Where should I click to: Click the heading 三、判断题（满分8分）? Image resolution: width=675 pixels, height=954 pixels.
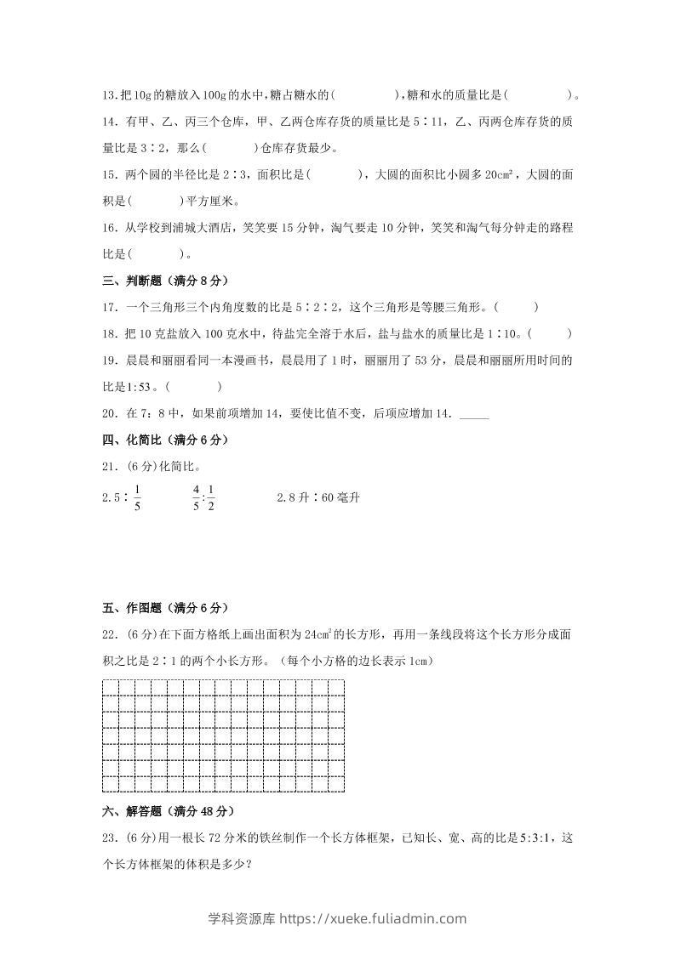point(164,281)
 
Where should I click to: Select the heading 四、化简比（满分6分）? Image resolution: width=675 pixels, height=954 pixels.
point(164,440)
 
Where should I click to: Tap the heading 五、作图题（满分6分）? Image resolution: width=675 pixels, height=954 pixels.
point(164,608)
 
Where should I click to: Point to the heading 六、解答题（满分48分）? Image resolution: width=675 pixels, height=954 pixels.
point(168,811)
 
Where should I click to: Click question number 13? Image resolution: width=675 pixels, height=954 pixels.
point(109,94)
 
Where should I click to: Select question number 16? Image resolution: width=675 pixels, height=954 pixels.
point(109,228)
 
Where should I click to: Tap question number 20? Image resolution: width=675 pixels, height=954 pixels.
point(109,414)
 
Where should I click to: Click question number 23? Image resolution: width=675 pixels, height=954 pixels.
point(109,838)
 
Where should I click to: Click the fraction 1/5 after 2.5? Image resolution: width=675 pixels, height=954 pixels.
point(137,497)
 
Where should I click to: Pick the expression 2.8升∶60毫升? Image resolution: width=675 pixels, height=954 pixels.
point(318,497)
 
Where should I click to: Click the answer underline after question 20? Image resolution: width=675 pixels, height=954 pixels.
point(474,417)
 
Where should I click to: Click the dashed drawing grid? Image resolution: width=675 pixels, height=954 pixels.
point(223,736)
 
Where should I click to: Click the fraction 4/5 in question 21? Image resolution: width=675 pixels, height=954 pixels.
point(196,497)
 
